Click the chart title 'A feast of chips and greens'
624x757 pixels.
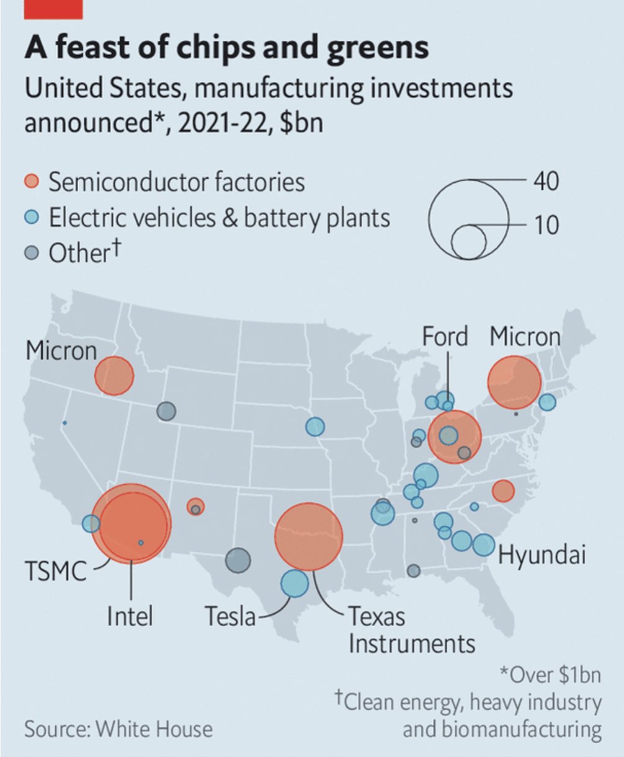coord(226,48)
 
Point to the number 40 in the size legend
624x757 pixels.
coord(545,181)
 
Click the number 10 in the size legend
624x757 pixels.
coord(545,225)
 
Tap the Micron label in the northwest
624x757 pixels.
coord(61,352)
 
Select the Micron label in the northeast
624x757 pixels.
coord(525,337)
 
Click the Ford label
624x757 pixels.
coord(445,337)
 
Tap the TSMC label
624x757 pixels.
coord(55,571)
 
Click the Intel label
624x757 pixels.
coord(130,616)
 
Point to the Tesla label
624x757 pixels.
coord(230,616)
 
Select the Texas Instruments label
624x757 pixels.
coord(411,630)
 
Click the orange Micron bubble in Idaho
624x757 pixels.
coord(114,376)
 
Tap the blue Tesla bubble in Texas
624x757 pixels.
coord(294,583)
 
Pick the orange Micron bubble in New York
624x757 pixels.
coord(514,383)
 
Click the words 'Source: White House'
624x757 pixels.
coord(118,728)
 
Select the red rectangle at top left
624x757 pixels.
coord(53,9)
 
